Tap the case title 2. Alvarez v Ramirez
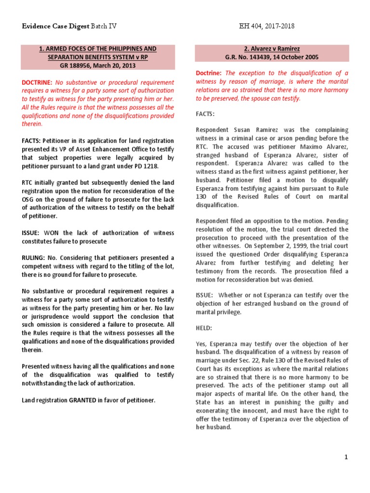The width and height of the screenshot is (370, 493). [272, 49]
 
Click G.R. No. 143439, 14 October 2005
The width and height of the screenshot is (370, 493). [272, 57]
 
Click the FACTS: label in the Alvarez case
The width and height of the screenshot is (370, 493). [205, 115]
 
